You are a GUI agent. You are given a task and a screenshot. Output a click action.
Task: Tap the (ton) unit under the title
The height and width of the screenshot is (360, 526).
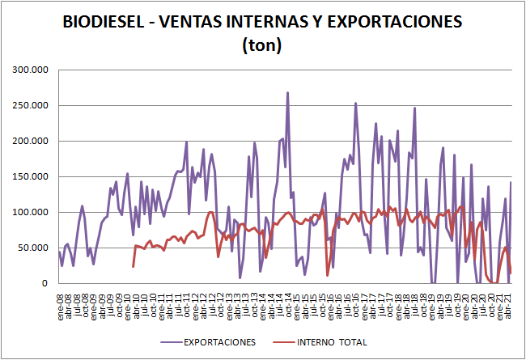point(262,46)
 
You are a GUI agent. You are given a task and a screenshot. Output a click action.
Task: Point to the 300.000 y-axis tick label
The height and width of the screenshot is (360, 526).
point(31,70)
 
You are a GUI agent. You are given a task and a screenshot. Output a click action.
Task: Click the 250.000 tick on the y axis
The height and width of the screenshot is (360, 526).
point(31,105)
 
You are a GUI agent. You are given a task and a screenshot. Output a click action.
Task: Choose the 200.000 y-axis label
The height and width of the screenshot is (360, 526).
point(31,141)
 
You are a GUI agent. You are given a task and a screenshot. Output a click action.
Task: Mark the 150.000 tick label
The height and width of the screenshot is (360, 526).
point(31,176)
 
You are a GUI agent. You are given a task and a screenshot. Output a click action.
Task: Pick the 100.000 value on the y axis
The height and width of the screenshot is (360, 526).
point(31,212)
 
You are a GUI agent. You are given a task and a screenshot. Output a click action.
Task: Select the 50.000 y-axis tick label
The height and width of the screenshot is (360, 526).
point(33,248)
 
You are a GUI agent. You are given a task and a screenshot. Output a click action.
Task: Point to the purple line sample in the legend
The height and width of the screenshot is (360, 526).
point(162,342)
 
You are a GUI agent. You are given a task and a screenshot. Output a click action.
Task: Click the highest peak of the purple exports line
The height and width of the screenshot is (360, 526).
point(287,93)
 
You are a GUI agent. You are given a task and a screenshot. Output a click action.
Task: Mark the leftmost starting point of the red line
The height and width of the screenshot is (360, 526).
point(133,266)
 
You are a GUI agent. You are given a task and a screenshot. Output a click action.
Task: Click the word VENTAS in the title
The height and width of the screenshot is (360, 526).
point(190,23)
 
